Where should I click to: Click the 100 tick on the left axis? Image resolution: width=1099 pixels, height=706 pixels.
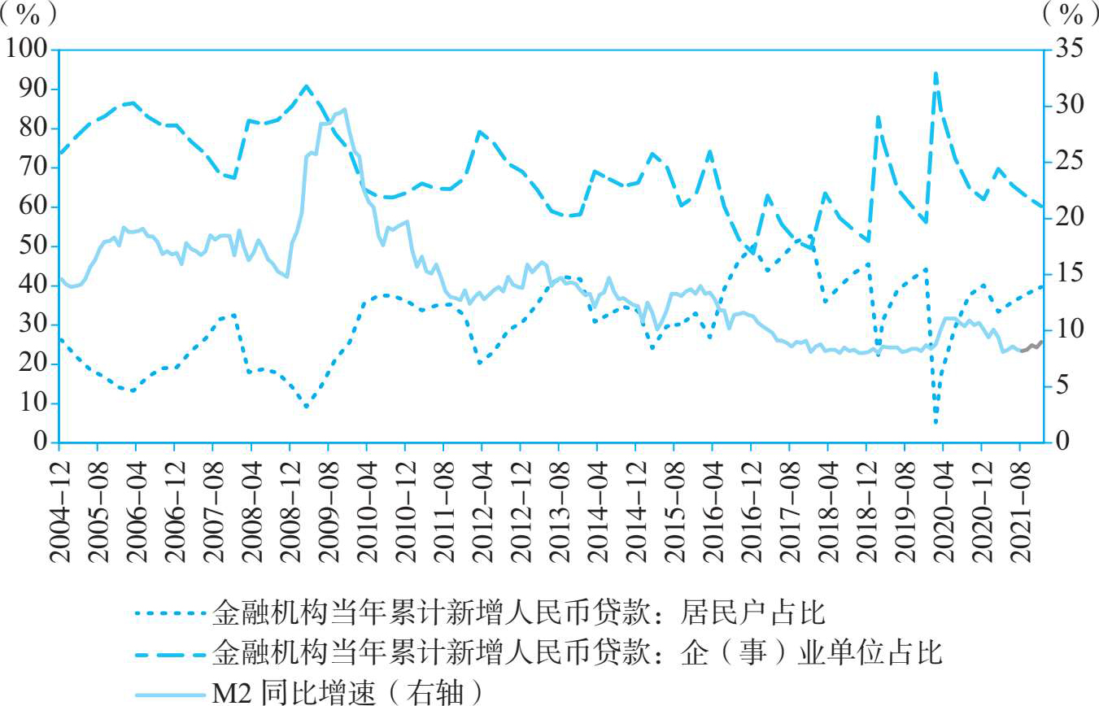[x=27, y=50]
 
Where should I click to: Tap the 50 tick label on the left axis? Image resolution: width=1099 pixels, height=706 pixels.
[x=33, y=246]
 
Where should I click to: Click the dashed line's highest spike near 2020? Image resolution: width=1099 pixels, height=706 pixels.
[x=935, y=73]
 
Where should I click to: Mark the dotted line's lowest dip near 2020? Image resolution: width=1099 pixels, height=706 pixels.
[x=936, y=422]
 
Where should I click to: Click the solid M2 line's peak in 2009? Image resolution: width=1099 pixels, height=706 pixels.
[x=345, y=109]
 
